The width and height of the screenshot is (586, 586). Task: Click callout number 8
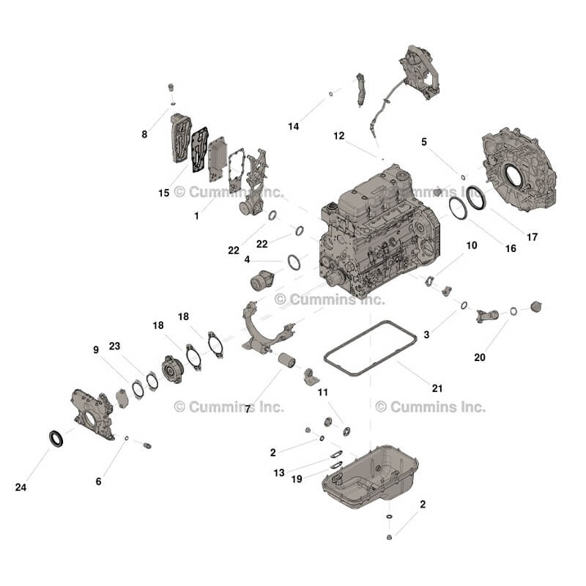point(144,134)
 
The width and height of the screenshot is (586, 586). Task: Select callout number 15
point(163,193)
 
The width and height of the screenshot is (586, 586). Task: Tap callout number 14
point(293,127)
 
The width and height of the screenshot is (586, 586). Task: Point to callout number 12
point(338,136)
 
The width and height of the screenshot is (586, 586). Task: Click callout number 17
point(532,237)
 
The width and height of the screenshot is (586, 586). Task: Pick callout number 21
point(437,387)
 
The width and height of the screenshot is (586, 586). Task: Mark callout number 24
point(21,486)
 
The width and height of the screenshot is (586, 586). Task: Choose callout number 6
point(98,481)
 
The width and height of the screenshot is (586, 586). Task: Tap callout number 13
point(279,472)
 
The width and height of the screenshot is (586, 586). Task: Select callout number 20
point(480,357)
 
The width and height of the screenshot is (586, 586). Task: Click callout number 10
point(472,245)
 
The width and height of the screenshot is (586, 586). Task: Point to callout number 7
point(248,408)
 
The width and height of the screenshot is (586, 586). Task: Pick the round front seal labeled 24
point(56,438)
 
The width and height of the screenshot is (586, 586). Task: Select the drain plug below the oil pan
point(390,537)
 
